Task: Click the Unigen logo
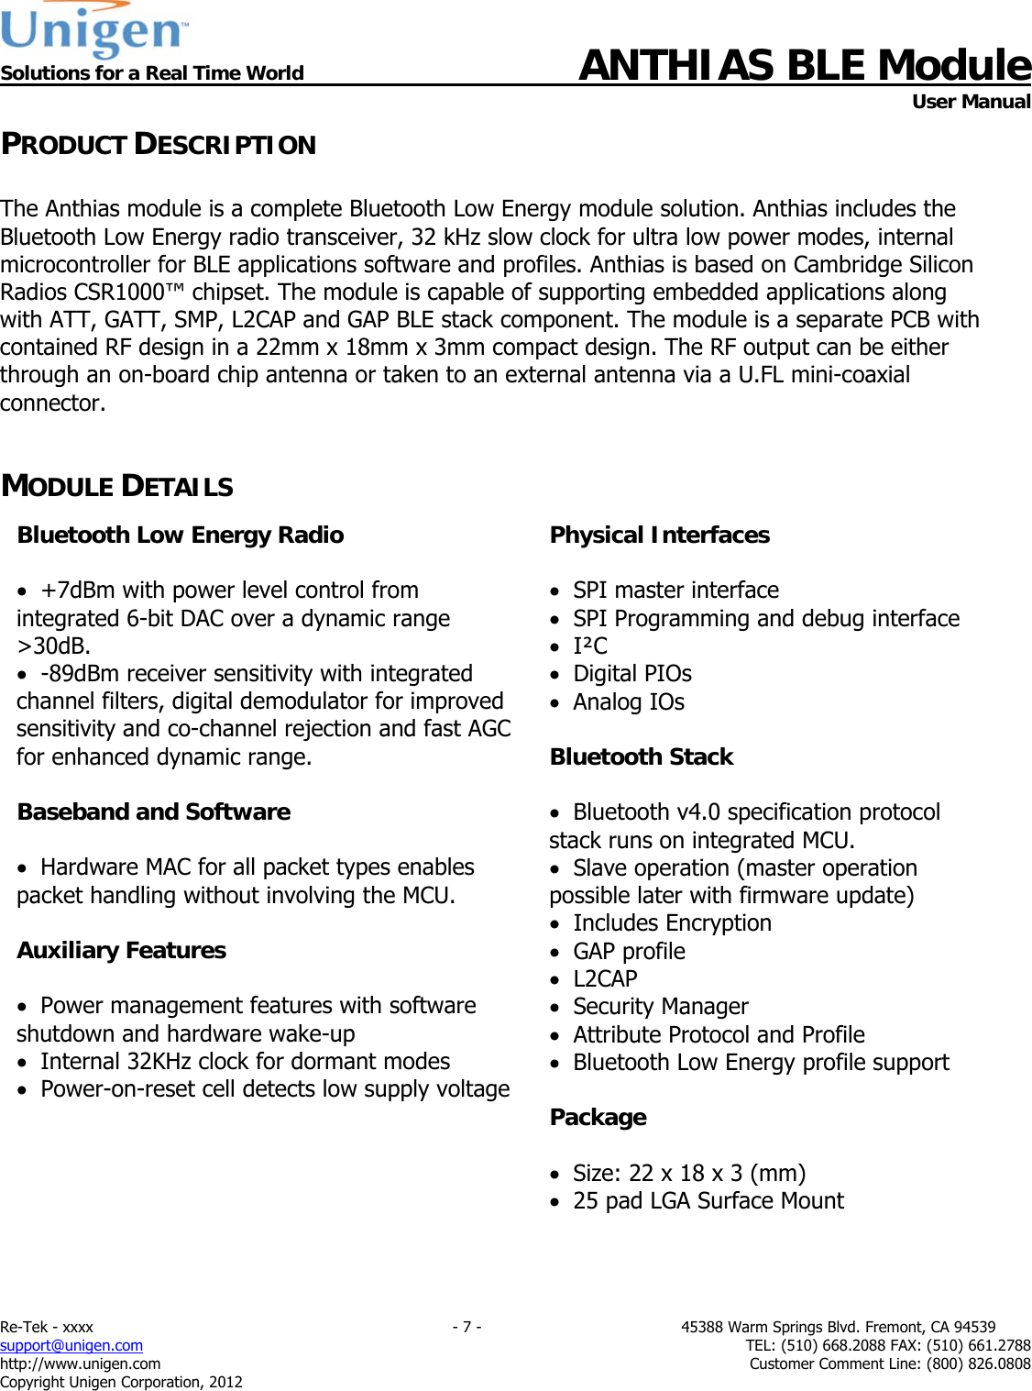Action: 94,29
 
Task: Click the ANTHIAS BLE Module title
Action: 804,65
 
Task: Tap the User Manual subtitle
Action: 971,102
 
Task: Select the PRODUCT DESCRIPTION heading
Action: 159,145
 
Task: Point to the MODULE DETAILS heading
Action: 117,486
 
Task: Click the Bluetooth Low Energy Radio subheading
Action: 181,535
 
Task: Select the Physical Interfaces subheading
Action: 659,535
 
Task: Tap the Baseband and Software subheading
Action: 154,811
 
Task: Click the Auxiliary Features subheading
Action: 122,950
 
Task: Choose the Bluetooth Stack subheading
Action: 642,756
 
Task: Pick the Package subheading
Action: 598,1117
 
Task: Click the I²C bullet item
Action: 590,646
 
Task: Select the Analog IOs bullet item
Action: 629,702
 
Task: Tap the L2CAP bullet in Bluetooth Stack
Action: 605,979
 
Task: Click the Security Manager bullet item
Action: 661,1007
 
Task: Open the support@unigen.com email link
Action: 71,1345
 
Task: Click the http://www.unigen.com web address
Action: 81,1363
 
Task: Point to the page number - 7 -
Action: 467,1327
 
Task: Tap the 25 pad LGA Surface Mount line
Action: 708,1201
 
